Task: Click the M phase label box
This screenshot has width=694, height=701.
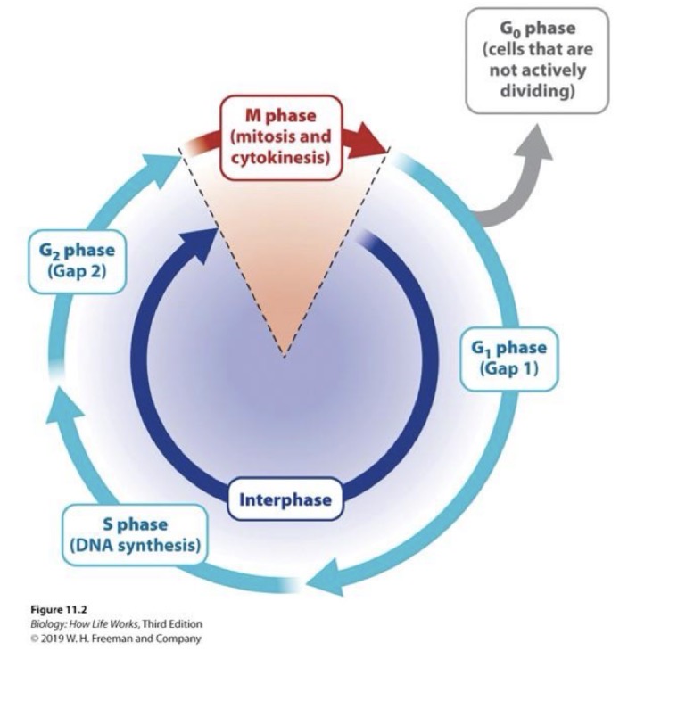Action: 281,137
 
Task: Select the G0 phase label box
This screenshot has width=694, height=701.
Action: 536,60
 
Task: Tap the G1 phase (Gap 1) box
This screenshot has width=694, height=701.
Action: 508,358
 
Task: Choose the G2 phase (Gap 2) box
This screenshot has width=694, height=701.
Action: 70,261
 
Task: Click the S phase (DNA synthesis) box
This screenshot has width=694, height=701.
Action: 135,534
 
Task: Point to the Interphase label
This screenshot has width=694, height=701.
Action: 285,500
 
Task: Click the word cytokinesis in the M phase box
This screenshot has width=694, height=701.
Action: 282,158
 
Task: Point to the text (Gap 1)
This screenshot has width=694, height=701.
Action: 508,367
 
